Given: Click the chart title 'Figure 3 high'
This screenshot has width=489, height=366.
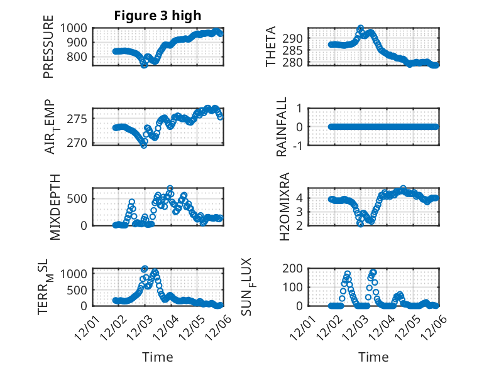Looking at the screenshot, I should point(158,16).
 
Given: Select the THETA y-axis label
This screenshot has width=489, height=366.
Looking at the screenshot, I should point(271,46).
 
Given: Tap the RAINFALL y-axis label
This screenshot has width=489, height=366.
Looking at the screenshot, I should point(282,127).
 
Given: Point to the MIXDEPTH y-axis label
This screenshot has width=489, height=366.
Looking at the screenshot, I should point(54,207).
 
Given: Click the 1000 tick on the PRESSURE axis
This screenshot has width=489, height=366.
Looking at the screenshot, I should point(75,28).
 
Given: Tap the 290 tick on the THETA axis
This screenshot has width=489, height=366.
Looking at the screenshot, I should point(299,38).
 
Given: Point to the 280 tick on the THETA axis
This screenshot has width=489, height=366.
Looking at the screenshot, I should point(299,62).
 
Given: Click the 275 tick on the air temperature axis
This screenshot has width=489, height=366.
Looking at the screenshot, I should point(79,119).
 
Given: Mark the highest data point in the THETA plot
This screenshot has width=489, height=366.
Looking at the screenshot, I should point(360,28).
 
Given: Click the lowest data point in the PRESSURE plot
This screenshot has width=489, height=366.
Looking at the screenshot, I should point(144,65).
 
